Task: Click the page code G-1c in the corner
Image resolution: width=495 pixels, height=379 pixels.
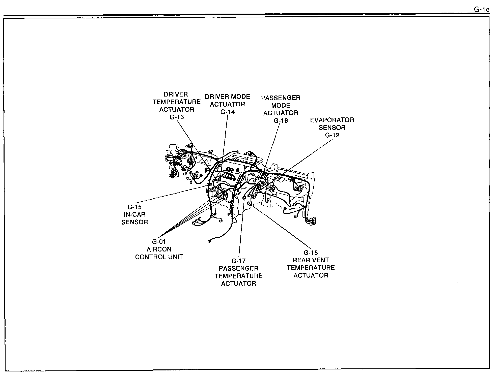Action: pyautogui.click(x=481, y=10)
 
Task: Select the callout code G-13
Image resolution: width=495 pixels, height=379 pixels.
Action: pyautogui.click(x=177, y=117)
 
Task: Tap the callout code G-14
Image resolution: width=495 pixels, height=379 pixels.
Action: pyautogui.click(x=228, y=112)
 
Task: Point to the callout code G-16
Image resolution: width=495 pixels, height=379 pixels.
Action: pyautogui.click(x=281, y=121)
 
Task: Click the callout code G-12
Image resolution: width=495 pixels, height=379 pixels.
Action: pyautogui.click(x=332, y=135)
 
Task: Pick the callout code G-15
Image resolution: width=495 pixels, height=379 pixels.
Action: pyautogui.click(x=134, y=207)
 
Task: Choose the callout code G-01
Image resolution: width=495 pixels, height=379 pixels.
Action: pyautogui.click(x=159, y=242)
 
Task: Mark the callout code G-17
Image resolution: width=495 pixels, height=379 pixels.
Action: pyautogui.click(x=238, y=261)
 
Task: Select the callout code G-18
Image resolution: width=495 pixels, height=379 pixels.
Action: pyautogui.click(x=311, y=253)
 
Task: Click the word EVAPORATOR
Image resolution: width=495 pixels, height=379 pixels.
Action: pyautogui.click(x=332, y=120)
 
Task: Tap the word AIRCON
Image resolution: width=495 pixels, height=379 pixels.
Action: pyautogui.click(x=159, y=249)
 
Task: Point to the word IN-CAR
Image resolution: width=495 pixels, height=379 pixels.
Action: pyautogui.click(x=134, y=215)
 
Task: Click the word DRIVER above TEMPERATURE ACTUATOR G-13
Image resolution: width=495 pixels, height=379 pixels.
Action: pyautogui.click(x=176, y=94)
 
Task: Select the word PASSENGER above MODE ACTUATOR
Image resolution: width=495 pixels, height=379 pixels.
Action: pyautogui.click(x=281, y=98)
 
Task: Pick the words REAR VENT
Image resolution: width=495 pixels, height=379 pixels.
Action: pyautogui.click(x=311, y=260)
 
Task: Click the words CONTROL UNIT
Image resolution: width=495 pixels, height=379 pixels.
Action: pyautogui.click(x=159, y=257)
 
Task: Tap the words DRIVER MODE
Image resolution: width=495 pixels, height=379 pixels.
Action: pyautogui.click(x=227, y=97)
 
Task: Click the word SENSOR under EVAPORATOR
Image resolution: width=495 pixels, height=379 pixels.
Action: pyautogui.click(x=332, y=128)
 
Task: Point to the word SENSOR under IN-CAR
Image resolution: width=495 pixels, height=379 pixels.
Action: pyautogui.click(x=134, y=222)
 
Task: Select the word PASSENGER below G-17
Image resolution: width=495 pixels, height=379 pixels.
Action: pyautogui.click(x=238, y=269)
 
